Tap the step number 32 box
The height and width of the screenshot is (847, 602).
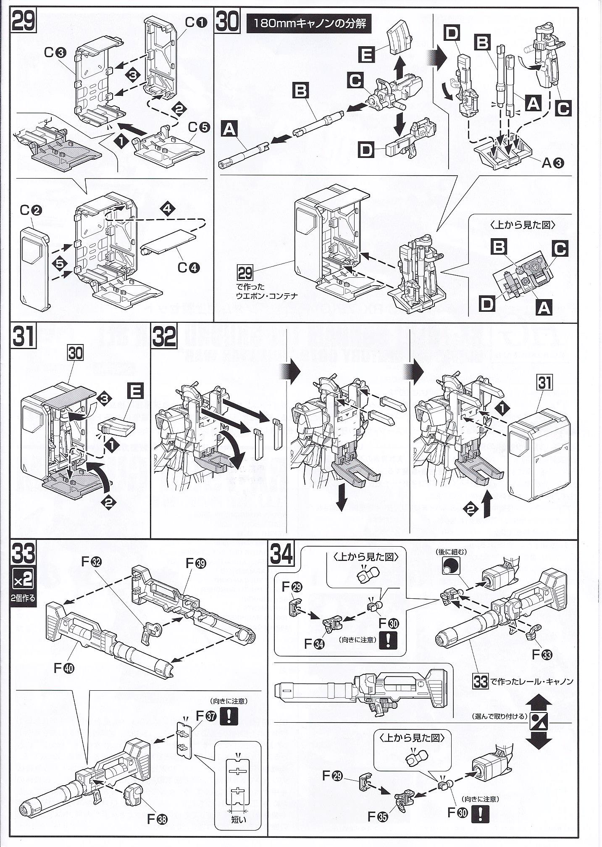point(164,337)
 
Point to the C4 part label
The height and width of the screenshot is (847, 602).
point(188,267)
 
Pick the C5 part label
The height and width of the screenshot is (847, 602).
point(199,126)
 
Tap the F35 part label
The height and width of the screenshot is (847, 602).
point(377,817)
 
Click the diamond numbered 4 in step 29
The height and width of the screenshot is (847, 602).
point(168,209)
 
